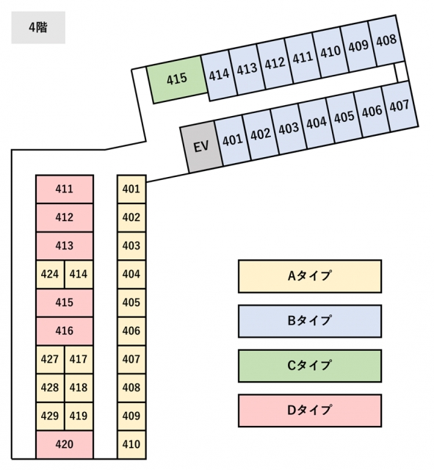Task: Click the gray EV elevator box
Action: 201,147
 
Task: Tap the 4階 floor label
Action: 38,28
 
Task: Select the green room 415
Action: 177,79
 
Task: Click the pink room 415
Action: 65,303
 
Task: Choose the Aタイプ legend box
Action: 310,276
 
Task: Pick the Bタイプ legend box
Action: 310,321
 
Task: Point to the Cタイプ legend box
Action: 310,366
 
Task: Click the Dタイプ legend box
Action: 310,411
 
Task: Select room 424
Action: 50,274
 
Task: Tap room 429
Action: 50,416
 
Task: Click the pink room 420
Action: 65,444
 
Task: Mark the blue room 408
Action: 386,40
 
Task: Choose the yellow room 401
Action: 131,189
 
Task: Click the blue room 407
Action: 400,106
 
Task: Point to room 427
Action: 50,359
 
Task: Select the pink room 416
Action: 65,331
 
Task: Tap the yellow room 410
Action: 131,444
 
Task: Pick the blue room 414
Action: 219,75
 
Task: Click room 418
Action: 79,388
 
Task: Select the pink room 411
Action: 65,189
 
